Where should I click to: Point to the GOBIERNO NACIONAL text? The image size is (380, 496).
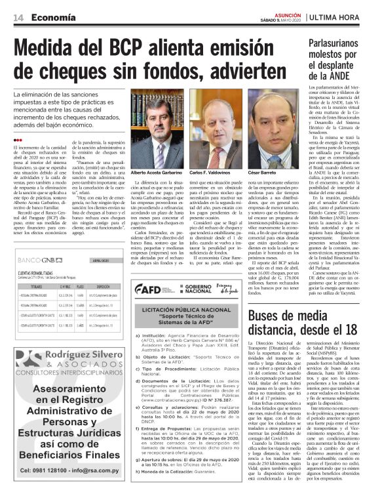click(191, 289)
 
